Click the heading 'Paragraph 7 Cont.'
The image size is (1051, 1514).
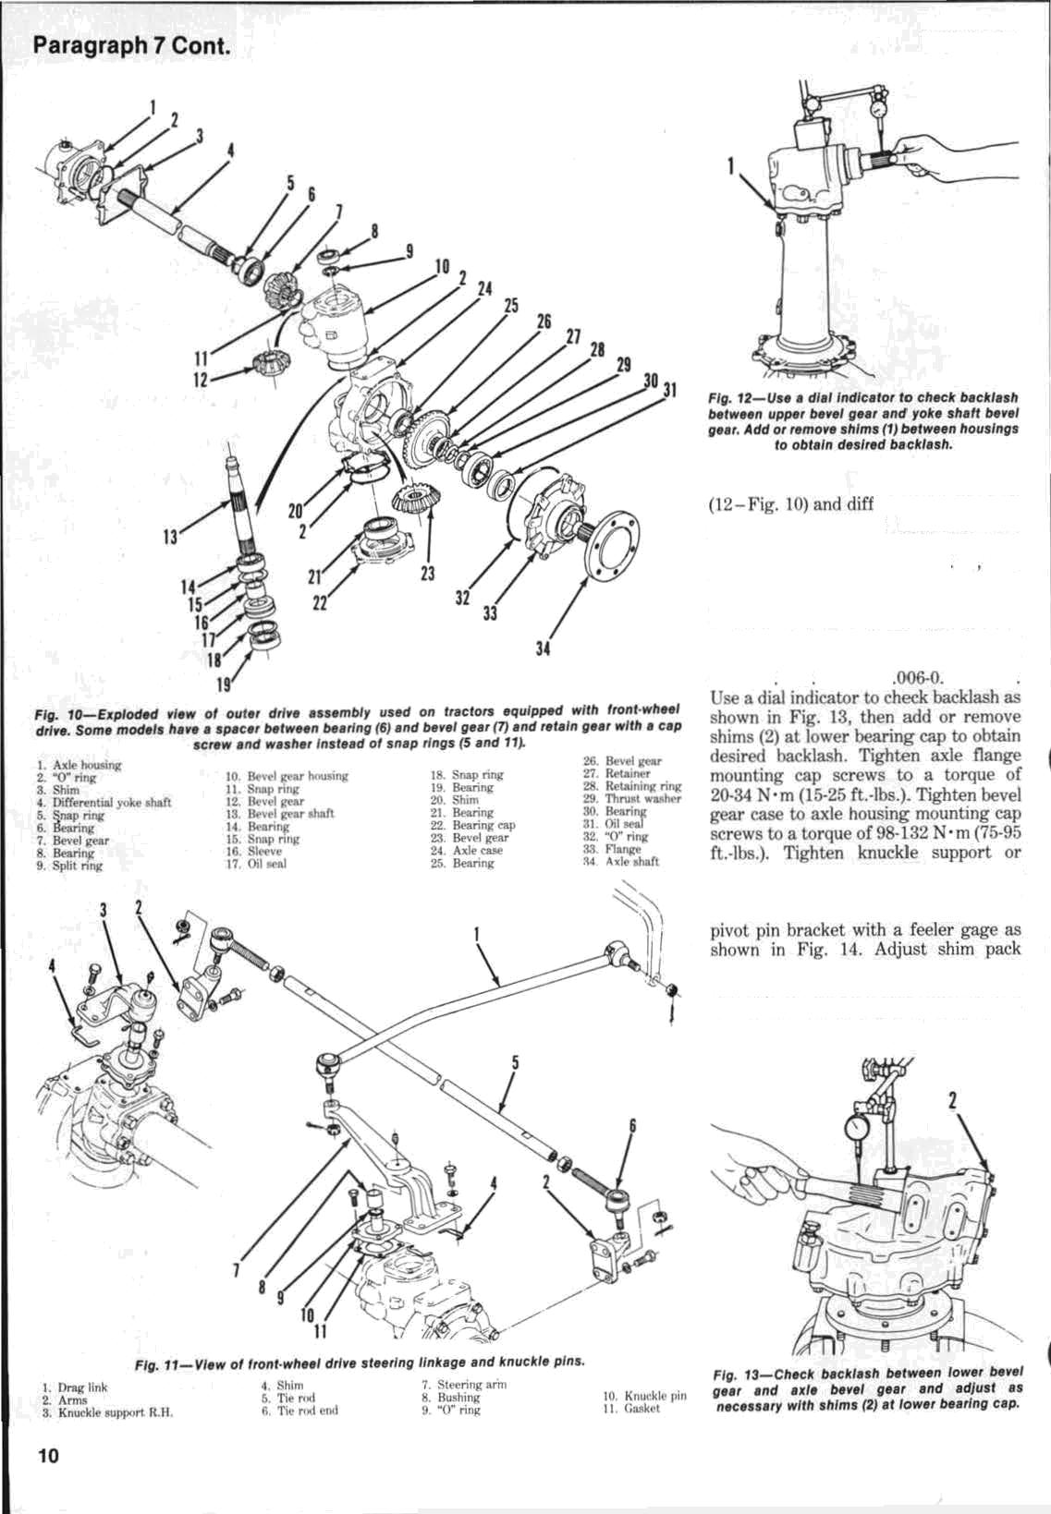pos(129,45)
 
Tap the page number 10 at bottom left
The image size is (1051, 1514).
pos(48,1456)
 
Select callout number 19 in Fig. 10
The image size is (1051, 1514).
pos(224,685)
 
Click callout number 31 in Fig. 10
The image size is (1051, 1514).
pos(668,389)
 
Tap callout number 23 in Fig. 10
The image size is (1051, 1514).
pos(427,573)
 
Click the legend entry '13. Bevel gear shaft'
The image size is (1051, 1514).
pos(281,814)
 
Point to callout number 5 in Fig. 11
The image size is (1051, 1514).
pos(516,1063)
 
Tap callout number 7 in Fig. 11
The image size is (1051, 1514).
pos(237,1269)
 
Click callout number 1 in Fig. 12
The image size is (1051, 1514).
pos(730,167)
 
